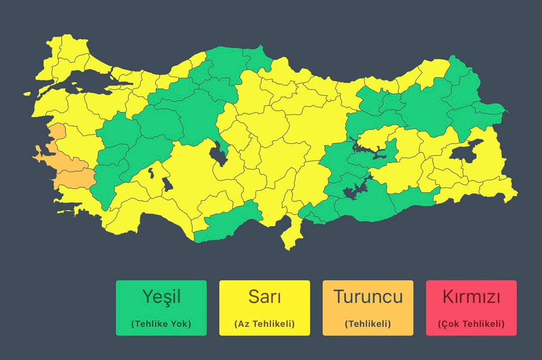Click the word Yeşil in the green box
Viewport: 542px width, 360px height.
click(161, 296)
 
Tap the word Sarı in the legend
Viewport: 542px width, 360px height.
click(264, 296)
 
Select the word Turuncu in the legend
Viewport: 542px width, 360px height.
click(368, 296)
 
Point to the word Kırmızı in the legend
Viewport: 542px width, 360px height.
click(471, 296)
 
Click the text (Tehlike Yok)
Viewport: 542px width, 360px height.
click(161, 324)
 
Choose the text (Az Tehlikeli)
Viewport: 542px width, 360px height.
click(264, 324)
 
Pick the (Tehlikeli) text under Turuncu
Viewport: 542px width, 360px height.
click(368, 324)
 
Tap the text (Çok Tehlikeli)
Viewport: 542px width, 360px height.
click(471, 324)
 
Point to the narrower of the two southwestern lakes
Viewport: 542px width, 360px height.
click(150, 173)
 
